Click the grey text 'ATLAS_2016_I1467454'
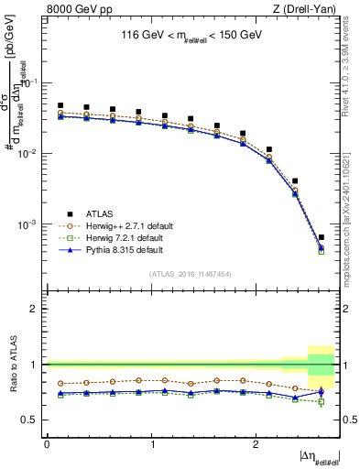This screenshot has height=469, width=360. (191, 274)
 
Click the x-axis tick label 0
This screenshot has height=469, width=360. (47, 443)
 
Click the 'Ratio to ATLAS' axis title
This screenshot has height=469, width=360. (12, 365)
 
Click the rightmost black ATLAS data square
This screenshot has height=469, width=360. (321, 237)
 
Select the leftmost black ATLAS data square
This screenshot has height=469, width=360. (60, 105)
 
